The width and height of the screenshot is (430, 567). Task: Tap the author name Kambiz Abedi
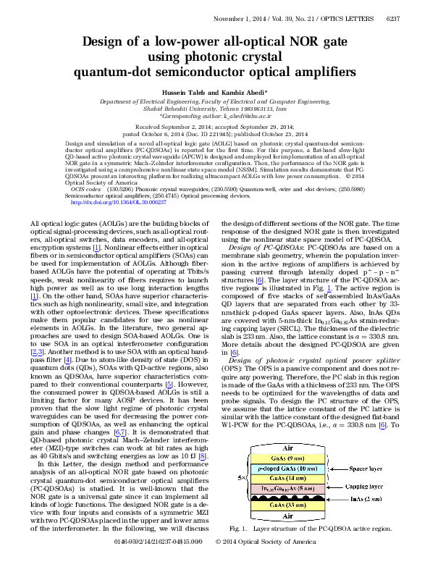(245, 92)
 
